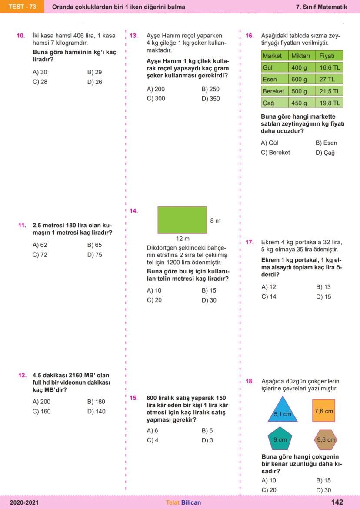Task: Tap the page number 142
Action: pyautogui.click(x=337, y=502)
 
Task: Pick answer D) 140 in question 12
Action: pyautogui.click(x=96, y=411)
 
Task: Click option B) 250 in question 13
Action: pyautogui.click(x=210, y=89)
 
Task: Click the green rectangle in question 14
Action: pyautogui.click(x=182, y=220)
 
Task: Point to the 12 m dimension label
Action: pyautogui.click(x=183, y=239)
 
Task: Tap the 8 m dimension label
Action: pyautogui.click(x=215, y=220)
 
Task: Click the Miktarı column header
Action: pyautogui.click(x=300, y=56)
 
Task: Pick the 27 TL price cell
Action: pyautogui.click(x=329, y=80)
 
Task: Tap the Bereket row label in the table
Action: pyautogui.click(x=273, y=91)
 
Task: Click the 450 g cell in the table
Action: pyautogui.click(x=300, y=103)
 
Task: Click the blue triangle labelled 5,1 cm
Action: pyautogui.click(x=282, y=411)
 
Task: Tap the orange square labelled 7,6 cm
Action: pyautogui.click(x=323, y=411)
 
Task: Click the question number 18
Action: pyautogui.click(x=250, y=381)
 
